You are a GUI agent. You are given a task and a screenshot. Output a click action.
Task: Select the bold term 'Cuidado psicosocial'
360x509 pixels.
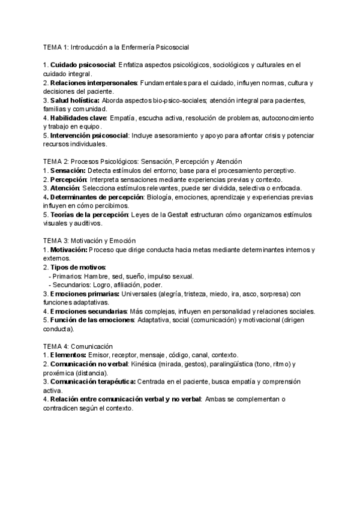[x=82, y=64]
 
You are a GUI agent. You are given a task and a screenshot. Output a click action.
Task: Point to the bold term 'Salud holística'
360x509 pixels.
[x=75, y=100]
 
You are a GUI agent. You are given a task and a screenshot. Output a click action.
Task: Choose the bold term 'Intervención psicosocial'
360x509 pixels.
[x=89, y=136]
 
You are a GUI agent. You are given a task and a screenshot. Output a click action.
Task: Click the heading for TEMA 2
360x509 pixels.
[x=142, y=161]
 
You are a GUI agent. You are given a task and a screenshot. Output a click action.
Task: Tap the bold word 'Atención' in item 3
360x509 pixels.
[x=66, y=188]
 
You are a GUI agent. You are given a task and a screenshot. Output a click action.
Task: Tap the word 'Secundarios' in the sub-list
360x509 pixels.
[x=72, y=285]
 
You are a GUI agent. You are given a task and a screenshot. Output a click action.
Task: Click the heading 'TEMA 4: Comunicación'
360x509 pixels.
[x=79, y=346]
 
